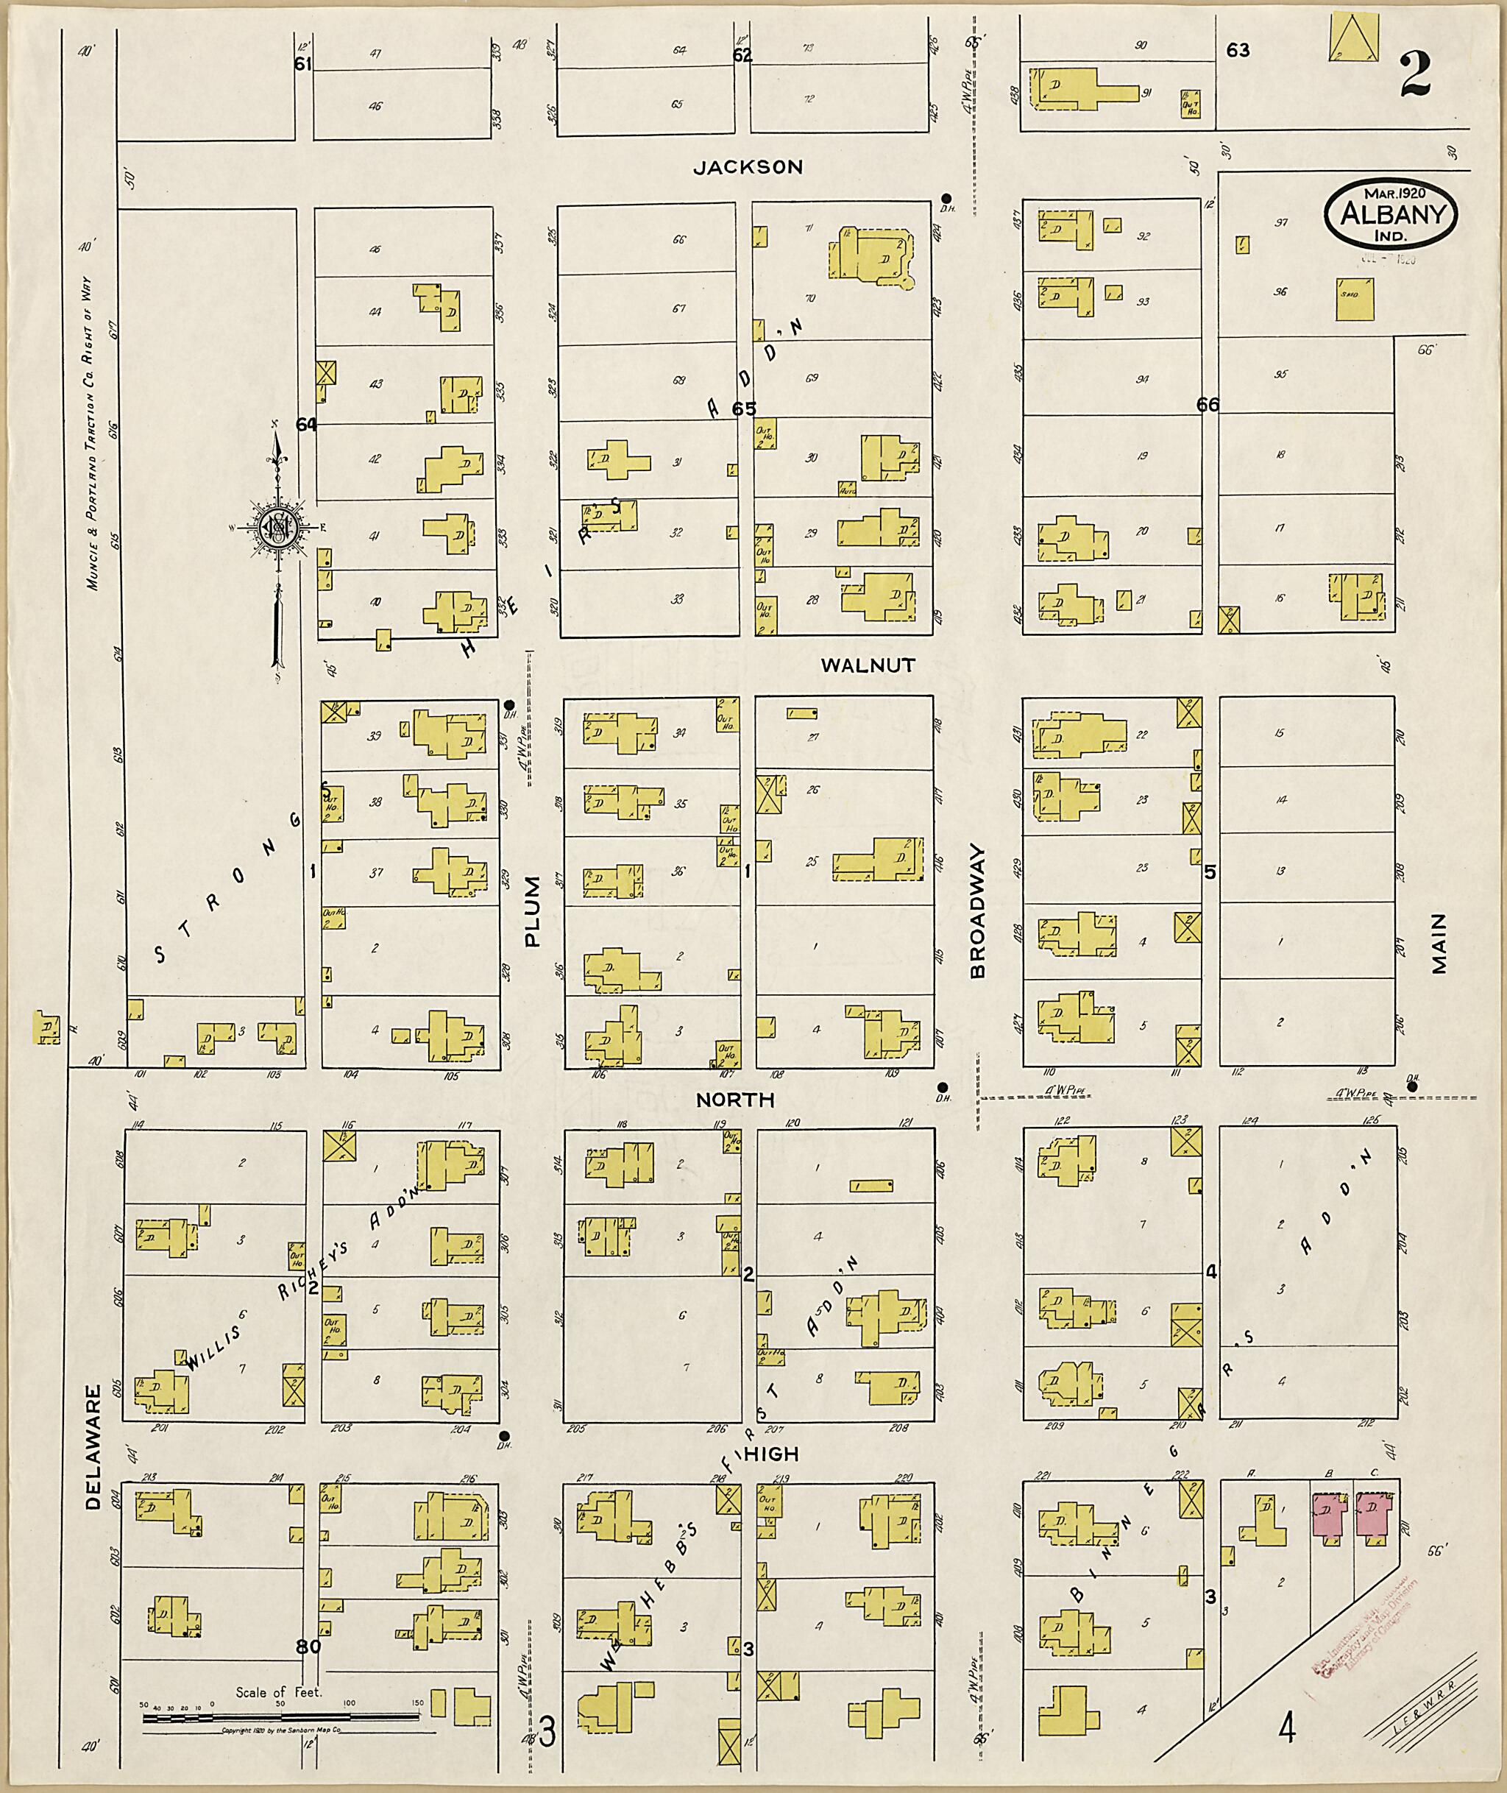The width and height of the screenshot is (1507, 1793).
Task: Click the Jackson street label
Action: point(748,168)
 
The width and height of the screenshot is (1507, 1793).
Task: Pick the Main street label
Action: point(1440,944)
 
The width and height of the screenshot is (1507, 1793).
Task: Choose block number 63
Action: point(1238,51)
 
